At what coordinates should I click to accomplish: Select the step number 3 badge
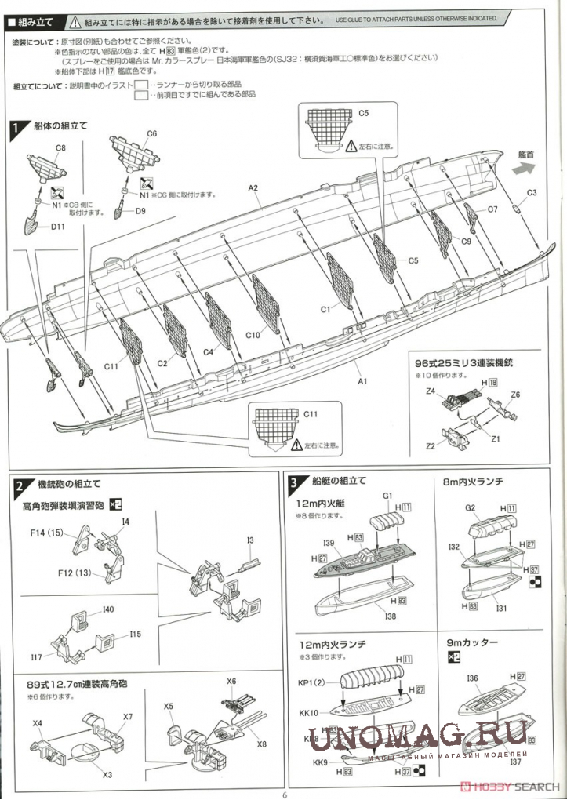point(293,482)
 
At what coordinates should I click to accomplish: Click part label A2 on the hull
point(253,187)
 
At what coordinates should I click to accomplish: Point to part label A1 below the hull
point(363,381)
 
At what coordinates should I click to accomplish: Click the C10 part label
point(253,335)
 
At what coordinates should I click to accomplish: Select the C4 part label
point(208,352)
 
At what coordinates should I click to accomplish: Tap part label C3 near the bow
point(531,193)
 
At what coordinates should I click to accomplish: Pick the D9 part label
point(140,211)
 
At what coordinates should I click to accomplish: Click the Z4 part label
point(431,391)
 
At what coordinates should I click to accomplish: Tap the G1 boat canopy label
point(387,496)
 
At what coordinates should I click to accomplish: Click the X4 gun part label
point(38,722)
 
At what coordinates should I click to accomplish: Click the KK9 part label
point(320,762)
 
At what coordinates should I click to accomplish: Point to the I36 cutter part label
point(472,678)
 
